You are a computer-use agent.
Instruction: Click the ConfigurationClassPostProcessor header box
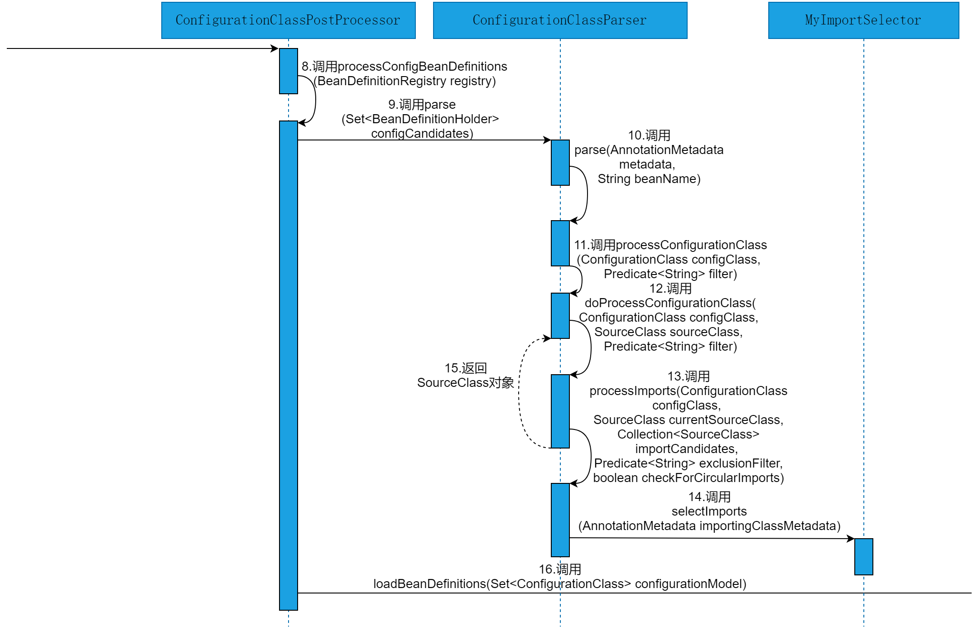(x=288, y=20)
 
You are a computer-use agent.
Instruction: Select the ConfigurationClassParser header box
(x=560, y=20)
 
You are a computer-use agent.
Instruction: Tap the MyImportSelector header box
(x=863, y=20)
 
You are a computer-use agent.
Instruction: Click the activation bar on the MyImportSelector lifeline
(x=863, y=557)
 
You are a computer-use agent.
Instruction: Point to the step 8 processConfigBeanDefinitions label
(x=405, y=73)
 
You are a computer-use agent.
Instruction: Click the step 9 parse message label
(x=421, y=119)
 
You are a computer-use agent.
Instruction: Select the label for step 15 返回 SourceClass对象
(x=465, y=376)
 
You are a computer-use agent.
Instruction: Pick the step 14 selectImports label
(x=709, y=511)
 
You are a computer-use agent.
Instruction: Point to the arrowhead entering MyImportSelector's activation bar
(x=850, y=539)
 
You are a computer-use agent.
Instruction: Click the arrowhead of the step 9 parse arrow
(x=547, y=140)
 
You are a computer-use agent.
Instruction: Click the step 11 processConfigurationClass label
(x=670, y=259)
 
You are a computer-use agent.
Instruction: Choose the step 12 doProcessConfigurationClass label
(x=670, y=317)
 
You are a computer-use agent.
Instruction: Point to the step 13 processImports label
(x=688, y=427)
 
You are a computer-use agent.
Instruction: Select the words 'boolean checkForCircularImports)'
(x=688, y=478)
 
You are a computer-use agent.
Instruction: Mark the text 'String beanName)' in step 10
(x=649, y=179)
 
